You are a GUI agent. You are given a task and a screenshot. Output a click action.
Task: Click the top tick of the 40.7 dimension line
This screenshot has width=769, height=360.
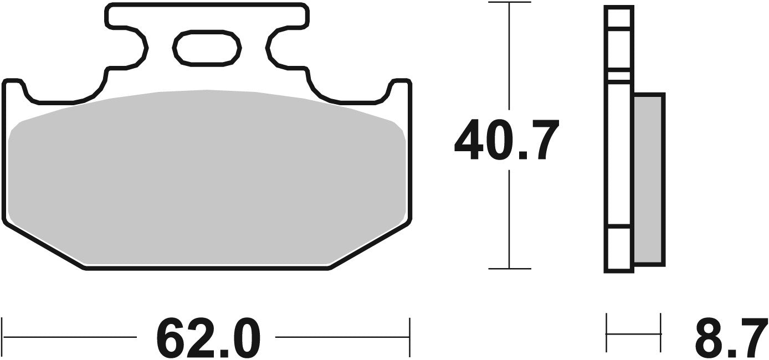coord(509,3)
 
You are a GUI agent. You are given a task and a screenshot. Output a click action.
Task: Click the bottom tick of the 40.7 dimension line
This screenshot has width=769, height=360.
coord(509,269)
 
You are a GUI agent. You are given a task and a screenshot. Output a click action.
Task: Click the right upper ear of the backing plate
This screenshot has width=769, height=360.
coord(400,89)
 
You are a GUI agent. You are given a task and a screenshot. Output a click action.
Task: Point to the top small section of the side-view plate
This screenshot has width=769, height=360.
coord(618,17)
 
